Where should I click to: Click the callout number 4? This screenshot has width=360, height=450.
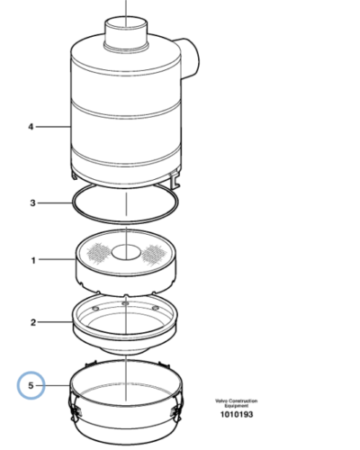pos(31,127)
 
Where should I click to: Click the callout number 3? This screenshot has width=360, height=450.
pos(32,203)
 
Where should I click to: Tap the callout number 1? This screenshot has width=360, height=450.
pos(33,260)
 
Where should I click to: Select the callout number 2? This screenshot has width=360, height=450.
pos(33,322)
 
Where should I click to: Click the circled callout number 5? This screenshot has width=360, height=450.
pos(31,385)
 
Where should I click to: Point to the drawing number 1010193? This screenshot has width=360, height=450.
pos(237,415)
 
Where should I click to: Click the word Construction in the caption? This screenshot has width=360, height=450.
pos(241,400)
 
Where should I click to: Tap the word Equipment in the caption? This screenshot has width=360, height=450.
pos(237,406)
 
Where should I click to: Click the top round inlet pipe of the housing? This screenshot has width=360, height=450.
pos(126,33)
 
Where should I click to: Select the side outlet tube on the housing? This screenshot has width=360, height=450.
pos(190,58)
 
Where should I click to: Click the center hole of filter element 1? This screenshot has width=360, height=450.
pos(126,252)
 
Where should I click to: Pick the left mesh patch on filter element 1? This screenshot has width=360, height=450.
pos(98,252)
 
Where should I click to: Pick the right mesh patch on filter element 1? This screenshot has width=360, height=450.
pos(154,255)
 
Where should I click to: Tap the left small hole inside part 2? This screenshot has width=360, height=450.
pos(95,309)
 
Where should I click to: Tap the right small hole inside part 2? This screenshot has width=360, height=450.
pos(155,308)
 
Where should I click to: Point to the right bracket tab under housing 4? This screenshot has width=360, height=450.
pos(175,179)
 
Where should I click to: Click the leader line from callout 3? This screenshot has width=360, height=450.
pos(55,203)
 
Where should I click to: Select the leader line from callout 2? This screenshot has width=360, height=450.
pos(55,322)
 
